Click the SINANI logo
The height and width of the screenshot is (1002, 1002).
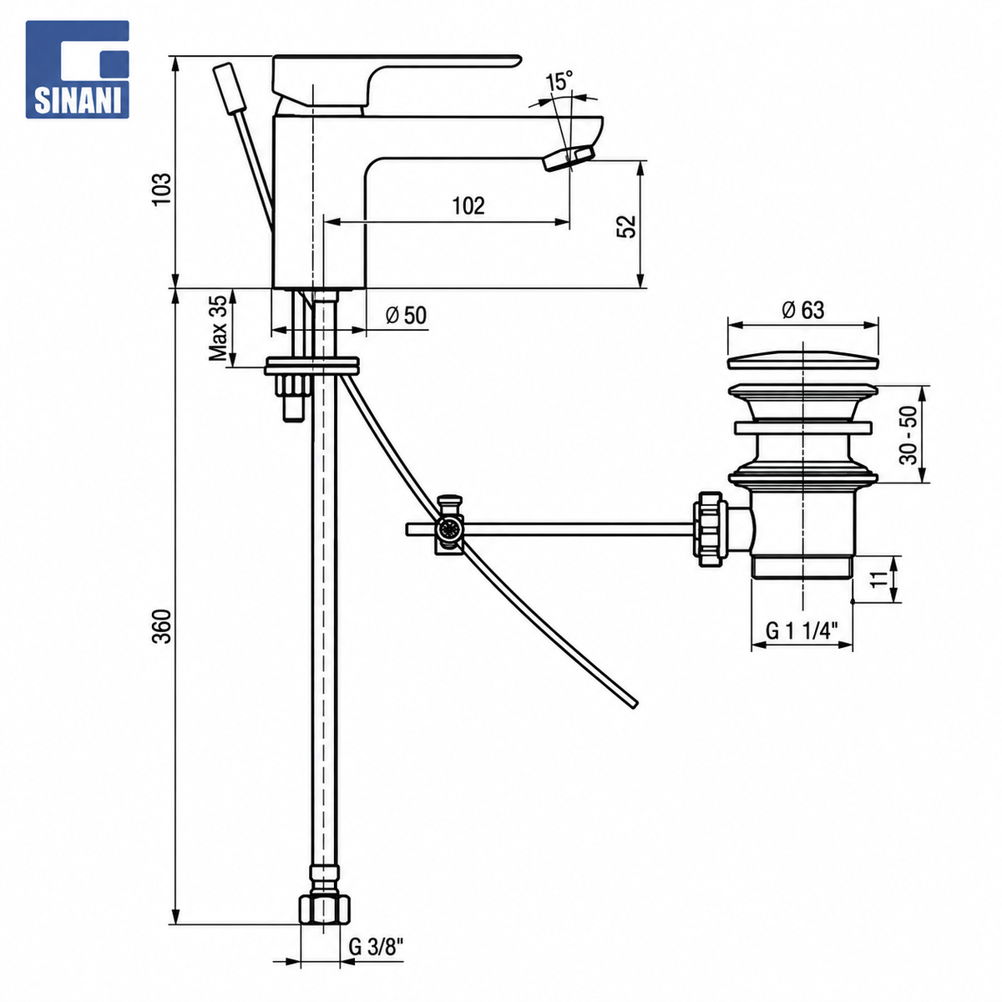tap(77, 69)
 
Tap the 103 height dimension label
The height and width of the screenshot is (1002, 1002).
tap(162, 189)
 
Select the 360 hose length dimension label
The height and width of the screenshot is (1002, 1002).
tap(162, 626)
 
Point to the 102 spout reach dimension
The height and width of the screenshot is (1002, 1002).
tap(468, 206)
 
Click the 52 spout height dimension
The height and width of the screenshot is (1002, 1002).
tap(626, 225)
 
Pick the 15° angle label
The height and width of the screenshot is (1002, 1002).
tap(559, 82)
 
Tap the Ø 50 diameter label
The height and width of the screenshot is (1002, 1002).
tap(406, 315)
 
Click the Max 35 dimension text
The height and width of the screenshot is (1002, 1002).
tap(218, 328)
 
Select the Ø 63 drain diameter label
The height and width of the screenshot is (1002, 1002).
tap(802, 311)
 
